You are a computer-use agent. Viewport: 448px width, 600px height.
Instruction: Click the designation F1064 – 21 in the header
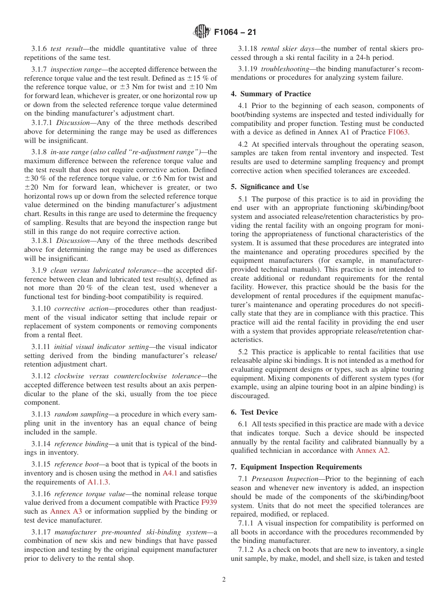235,33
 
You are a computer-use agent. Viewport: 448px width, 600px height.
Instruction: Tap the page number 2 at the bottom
224,580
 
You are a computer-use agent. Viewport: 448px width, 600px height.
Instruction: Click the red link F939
209,503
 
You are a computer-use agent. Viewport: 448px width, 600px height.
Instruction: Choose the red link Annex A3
66,512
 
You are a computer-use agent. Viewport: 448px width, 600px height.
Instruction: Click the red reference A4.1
170,473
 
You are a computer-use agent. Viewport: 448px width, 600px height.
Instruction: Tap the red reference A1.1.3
99,482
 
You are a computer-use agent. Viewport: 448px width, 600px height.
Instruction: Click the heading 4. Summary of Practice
271,94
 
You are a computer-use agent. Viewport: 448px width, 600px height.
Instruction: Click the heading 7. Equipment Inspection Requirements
297,467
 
